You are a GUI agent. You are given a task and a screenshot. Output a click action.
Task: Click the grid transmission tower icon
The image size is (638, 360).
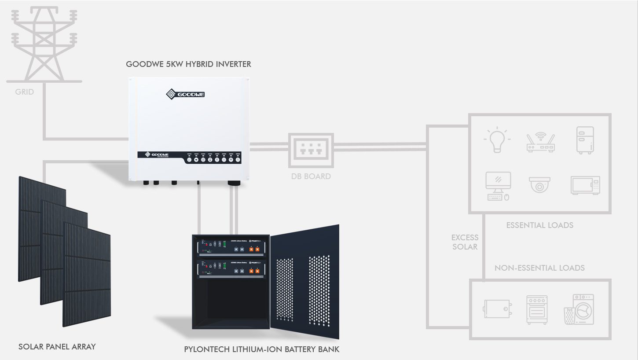point(44,44)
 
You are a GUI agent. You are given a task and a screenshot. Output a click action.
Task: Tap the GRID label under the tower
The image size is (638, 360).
point(24,92)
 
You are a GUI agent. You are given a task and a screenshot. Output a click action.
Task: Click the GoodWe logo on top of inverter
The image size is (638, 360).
point(185,94)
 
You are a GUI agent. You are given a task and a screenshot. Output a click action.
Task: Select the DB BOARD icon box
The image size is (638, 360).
point(311,150)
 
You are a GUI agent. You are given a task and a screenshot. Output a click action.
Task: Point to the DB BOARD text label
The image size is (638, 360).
point(311,176)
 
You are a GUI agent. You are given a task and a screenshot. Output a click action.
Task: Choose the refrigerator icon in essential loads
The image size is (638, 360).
point(585,140)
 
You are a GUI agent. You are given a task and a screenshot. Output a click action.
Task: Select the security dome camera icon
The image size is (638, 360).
point(539,185)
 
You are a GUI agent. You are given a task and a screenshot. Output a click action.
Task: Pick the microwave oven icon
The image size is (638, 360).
point(585,185)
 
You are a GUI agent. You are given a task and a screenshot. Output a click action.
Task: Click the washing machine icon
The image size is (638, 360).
point(579,309)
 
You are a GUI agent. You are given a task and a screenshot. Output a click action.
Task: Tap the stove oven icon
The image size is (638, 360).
point(537,309)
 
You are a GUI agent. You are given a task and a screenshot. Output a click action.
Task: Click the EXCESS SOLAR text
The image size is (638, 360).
point(465,242)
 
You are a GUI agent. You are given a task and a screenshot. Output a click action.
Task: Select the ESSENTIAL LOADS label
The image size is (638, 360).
point(539,225)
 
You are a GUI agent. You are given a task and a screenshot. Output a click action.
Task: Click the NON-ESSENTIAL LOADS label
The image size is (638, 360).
point(539,268)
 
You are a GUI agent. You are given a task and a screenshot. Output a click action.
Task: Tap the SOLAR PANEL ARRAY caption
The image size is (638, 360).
point(57,347)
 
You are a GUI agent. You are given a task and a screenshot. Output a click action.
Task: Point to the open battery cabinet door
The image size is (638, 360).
point(304,282)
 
